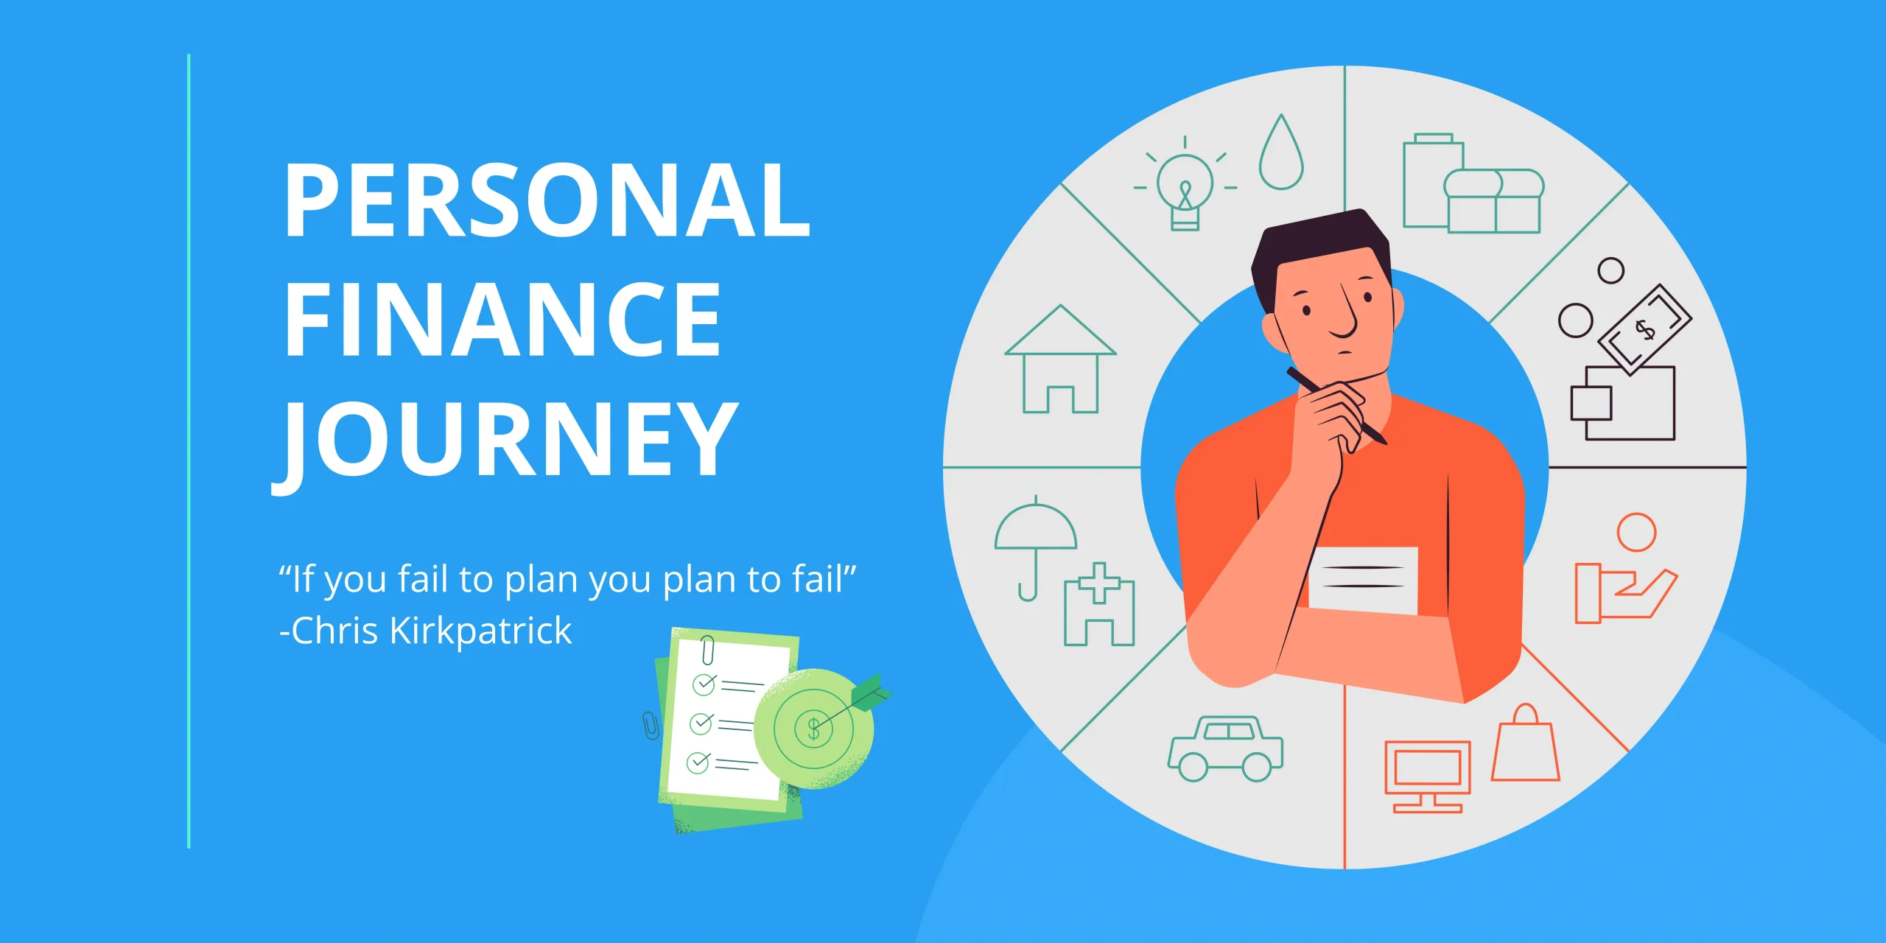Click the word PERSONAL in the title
(x=547, y=200)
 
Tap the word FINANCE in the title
(x=502, y=320)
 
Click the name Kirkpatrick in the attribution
(x=480, y=631)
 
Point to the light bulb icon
(x=1185, y=184)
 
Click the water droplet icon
(x=1281, y=153)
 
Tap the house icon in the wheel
(x=1060, y=360)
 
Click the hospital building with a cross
(x=1099, y=606)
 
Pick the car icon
(x=1225, y=749)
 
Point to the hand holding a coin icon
(x=1625, y=569)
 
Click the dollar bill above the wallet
(x=1644, y=329)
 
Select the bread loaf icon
(x=1493, y=201)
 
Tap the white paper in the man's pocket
(x=1364, y=580)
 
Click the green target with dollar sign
(x=813, y=729)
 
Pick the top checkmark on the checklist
(x=704, y=684)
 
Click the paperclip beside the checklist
(x=651, y=726)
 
